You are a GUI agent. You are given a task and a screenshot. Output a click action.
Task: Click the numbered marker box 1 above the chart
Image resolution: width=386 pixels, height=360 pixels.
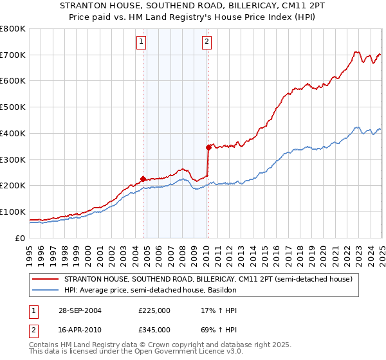(141, 43)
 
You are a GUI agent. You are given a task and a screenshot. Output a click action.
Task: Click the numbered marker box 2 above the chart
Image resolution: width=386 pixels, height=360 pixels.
(207, 43)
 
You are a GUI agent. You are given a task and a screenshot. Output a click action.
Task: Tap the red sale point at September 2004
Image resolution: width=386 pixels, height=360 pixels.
(143, 179)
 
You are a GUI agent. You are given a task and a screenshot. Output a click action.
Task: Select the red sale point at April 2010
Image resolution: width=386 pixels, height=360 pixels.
(208, 147)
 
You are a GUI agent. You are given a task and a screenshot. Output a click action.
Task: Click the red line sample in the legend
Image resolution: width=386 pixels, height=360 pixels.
(46, 280)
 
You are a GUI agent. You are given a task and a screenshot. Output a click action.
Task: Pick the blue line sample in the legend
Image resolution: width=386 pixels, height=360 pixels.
(46, 291)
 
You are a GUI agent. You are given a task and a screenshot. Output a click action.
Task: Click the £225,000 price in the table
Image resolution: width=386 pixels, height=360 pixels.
(154, 310)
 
